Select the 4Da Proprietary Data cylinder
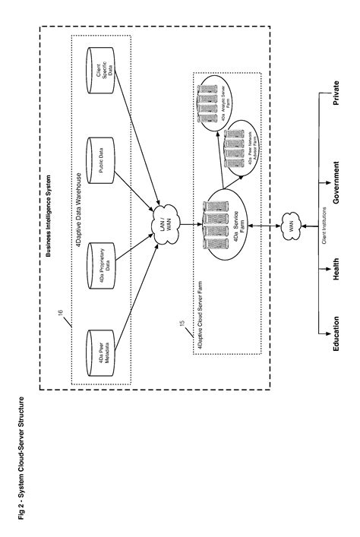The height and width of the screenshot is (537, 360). coord(100,259)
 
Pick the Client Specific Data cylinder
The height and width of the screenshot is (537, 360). coord(100,74)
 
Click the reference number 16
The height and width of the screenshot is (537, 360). coord(62,311)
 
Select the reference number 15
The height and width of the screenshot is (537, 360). coord(181,324)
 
